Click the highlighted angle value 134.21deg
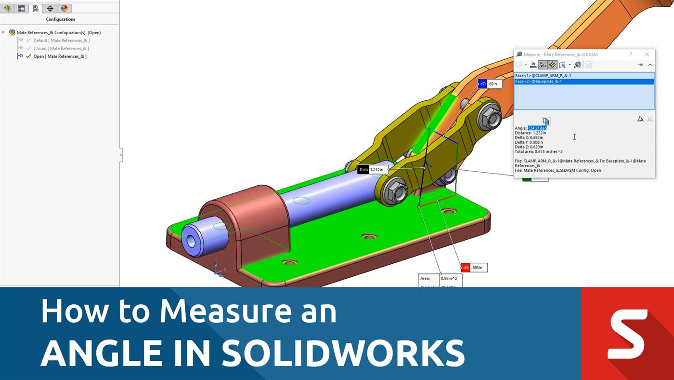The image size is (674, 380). (x=537, y=128)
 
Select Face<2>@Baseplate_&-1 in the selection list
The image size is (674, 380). (x=538, y=81)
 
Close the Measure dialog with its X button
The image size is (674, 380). (x=647, y=54)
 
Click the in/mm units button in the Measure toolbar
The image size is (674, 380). (x=533, y=65)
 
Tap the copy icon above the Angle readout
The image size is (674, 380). (x=545, y=121)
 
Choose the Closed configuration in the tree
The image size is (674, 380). (x=61, y=48)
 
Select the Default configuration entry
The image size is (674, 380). (x=61, y=41)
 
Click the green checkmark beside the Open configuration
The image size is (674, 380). (x=28, y=56)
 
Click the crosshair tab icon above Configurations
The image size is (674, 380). (x=50, y=8)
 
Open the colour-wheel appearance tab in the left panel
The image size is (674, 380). (x=65, y=8)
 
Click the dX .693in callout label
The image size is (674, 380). (x=474, y=268)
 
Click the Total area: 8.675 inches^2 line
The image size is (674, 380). (x=538, y=151)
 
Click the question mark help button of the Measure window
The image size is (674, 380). (x=631, y=54)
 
